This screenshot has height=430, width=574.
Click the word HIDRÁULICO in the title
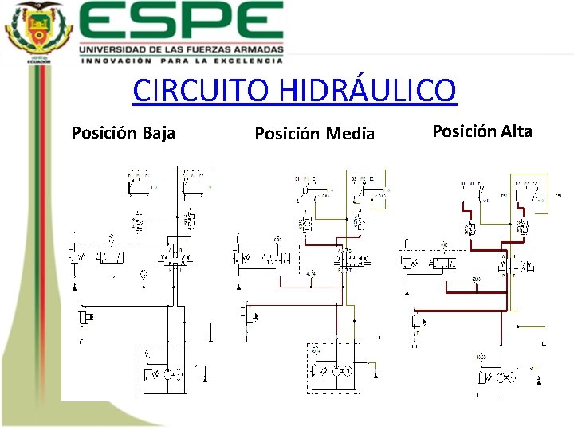click(x=368, y=90)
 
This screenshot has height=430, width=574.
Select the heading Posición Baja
click(x=123, y=133)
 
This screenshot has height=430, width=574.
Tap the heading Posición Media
click(x=314, y=134)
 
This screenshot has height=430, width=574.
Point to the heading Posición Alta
click(x=482, y=131)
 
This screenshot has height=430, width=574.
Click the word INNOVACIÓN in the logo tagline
click(x=116, y=60)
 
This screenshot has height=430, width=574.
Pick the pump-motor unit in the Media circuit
click(x=335, y=370)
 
